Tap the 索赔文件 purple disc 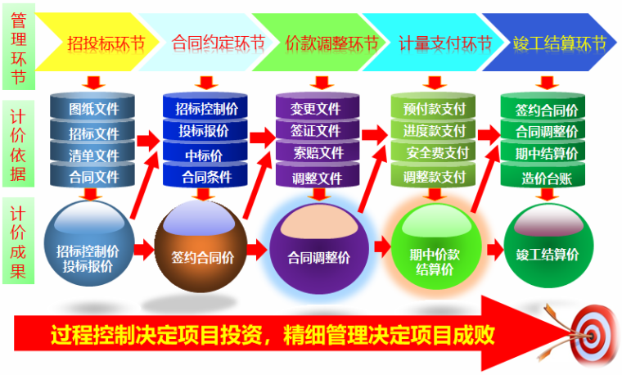coord(316,153)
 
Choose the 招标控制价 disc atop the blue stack coord(205,108)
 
